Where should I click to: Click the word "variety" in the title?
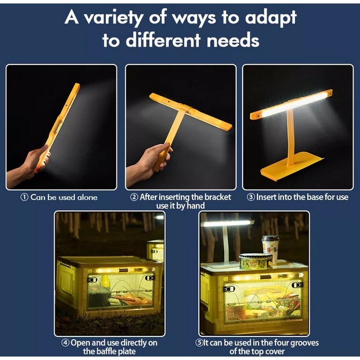tap(113, 19)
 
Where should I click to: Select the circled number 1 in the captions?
tap(24, 197)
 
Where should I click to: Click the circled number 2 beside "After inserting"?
tap(134, 197)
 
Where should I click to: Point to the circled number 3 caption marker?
tap(251, 197)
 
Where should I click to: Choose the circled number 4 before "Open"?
tap(66, 343)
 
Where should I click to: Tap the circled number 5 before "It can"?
tap(199, 343)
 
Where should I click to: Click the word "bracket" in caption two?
tap(217, 197)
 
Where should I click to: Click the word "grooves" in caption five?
tap(305, 343)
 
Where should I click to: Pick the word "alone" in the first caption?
tap(88, 198)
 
